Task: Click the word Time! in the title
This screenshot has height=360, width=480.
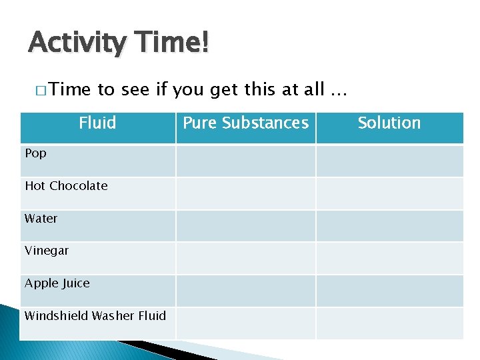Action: click(x=173, y=43)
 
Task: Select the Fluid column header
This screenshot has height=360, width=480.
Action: click(x=97, y=123)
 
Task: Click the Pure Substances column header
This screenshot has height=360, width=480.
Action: click(x=245, y=123)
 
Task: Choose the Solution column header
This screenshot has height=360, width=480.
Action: click(x=389, y=123)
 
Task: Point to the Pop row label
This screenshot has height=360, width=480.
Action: click(x=36, y=153)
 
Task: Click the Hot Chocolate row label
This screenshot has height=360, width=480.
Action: click(x=66, y=186)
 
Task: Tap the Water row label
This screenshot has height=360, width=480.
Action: click(x=41, y=219)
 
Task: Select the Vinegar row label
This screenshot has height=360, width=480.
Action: click(x=47, y=251)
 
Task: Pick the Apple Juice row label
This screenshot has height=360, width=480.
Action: click(x=57, y=283)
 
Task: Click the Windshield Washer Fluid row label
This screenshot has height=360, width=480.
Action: click(x=95, y=315)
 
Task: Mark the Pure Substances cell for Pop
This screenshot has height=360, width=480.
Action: click(x=245, y=161)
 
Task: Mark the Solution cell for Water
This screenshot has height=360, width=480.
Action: click(x=389, y=225)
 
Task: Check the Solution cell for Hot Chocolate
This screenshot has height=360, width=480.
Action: click(x=389, y=193)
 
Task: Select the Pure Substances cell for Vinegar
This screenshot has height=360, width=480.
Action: click(x=245, y=258)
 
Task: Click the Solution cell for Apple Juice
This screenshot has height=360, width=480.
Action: click(x=389, y=291)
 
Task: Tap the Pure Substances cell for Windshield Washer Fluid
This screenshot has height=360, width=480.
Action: click(x=245, y=323)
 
